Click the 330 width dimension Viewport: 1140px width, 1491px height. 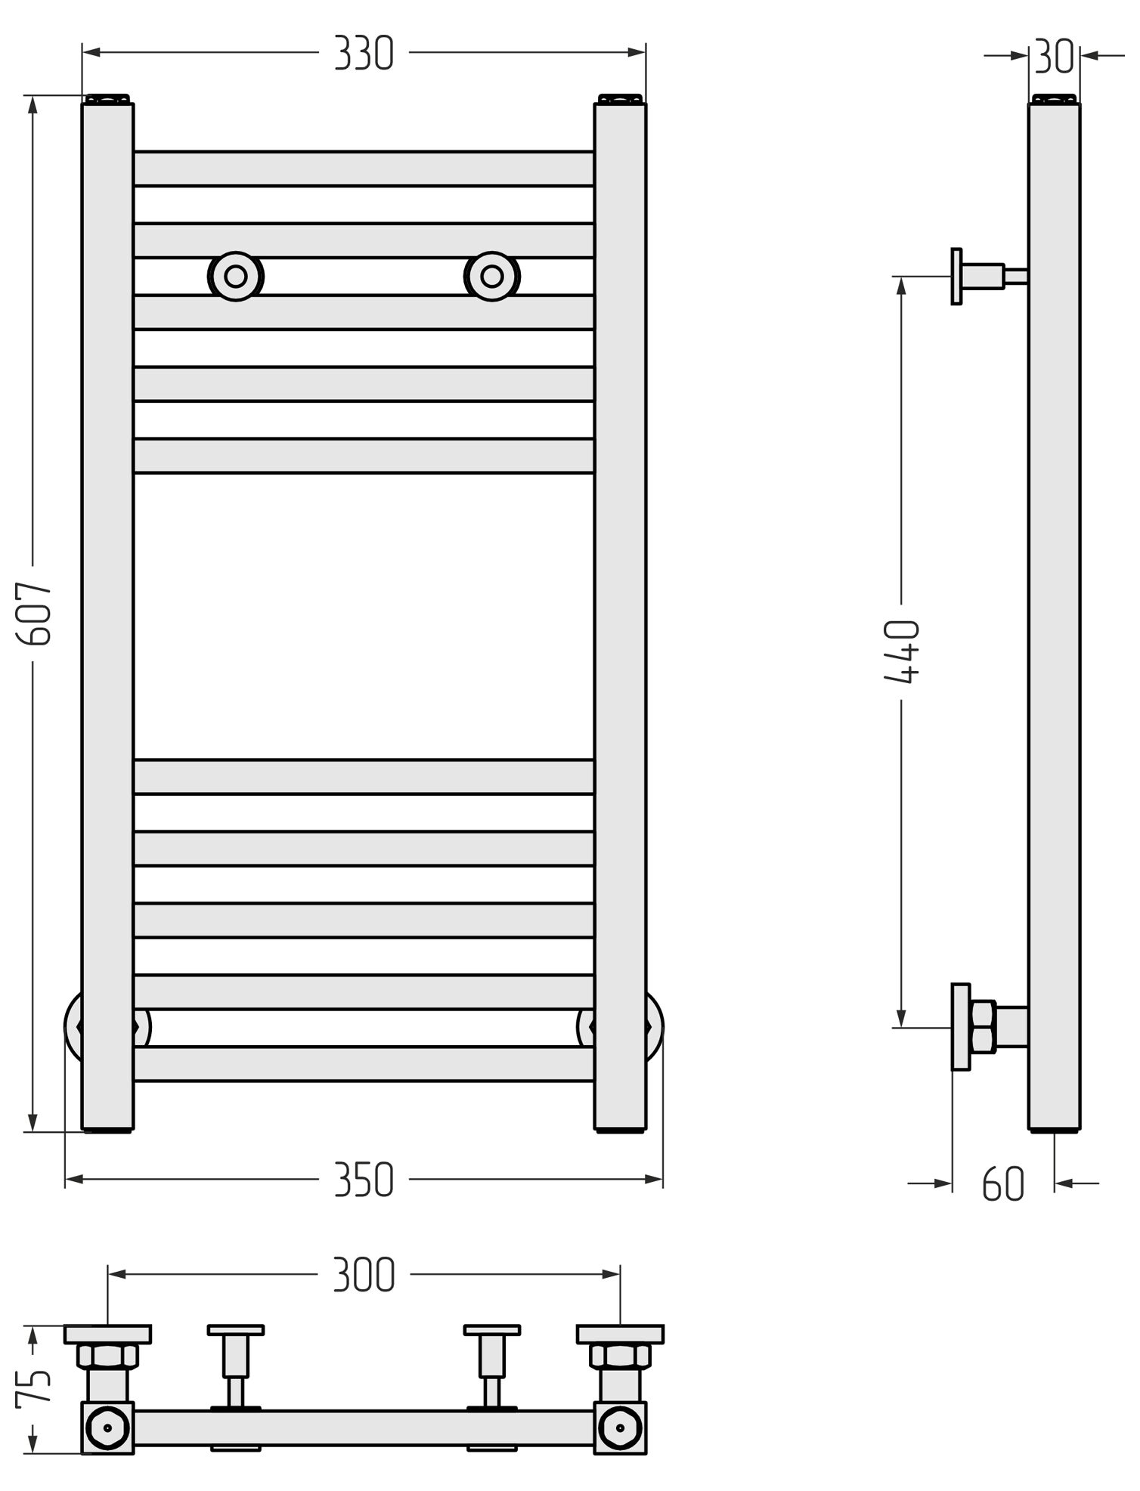coord(368,54)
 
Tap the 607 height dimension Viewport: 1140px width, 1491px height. coord(36,621)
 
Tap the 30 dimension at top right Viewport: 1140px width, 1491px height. coord(1066,57)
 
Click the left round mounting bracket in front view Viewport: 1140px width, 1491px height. coord(239,280)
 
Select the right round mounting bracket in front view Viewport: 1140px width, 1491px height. coord(499,280)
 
